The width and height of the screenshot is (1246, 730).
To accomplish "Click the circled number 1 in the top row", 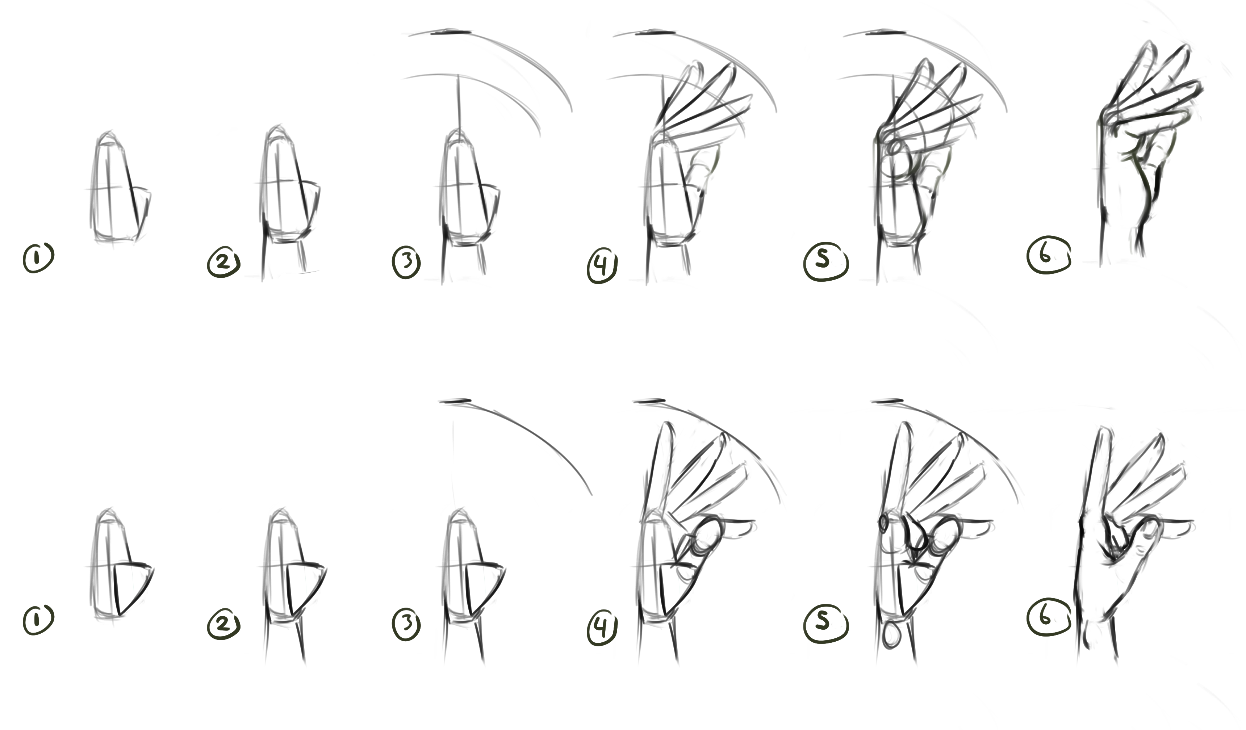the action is [x=38, y=257].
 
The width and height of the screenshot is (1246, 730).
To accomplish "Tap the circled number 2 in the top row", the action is [x=223, y=263].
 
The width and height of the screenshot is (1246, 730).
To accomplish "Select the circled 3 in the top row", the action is [x=406, y=263].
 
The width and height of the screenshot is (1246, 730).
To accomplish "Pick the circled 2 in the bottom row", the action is [x=223, y=625].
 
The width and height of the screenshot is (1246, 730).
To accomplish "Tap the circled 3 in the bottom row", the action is [x=406, y=624].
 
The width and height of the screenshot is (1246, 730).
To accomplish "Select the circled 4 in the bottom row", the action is [x=601, y=628].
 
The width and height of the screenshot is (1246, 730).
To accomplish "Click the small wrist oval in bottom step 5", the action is [x=891, y=635].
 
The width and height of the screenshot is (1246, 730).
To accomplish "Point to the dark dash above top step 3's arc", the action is [x=451, y=33].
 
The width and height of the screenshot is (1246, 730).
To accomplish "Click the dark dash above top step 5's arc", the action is [x=886, y=33].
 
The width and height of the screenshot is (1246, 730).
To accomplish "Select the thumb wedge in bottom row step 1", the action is [x=133, y=586].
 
